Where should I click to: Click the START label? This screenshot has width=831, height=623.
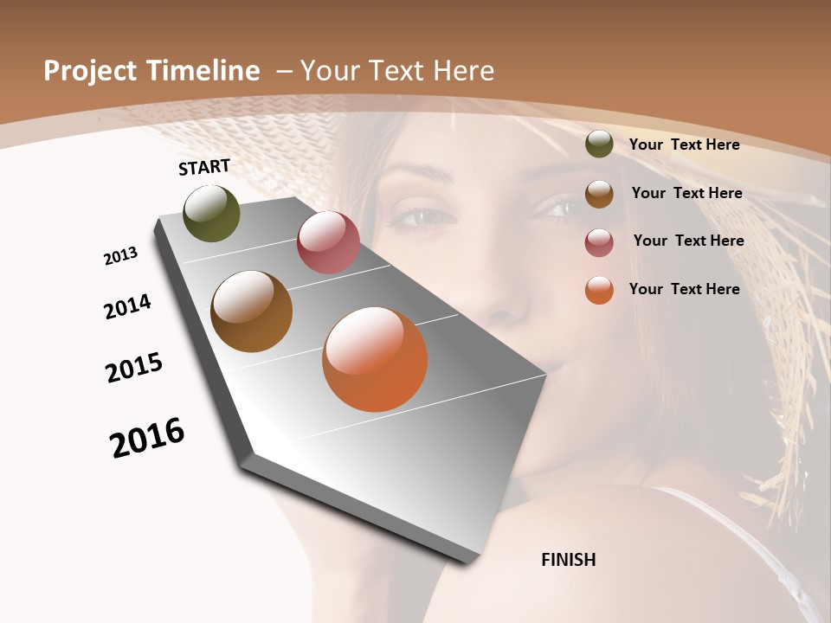204,167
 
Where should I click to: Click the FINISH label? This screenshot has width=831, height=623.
569,560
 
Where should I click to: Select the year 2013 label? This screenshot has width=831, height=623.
120,256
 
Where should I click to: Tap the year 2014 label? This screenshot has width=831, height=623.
127,306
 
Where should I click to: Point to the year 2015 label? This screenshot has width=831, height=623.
134,367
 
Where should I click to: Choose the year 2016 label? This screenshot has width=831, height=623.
147,438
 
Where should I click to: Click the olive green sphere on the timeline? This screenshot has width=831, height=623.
212,214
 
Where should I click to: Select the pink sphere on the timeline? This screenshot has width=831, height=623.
328,242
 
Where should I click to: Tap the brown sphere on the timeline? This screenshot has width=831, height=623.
252,311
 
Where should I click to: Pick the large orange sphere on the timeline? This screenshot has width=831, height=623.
375,359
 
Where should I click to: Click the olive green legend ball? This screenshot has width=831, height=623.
599,144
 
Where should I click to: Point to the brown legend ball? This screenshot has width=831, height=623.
599,194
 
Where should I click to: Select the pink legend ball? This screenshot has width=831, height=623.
599,242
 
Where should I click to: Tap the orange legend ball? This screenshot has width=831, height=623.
599,290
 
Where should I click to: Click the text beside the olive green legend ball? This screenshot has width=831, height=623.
684,145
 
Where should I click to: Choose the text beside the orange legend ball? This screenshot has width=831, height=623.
684,289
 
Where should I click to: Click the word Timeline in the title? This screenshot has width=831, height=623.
203,71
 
